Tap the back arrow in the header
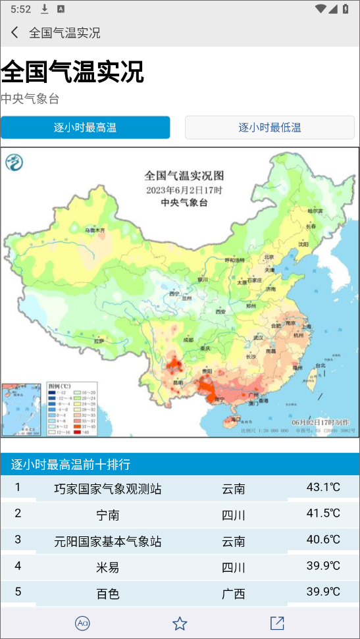pos(14,32)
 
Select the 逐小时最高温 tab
pos(85,128)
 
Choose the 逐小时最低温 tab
pos(270,128)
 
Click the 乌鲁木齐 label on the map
pos(94,230)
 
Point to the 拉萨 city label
pos(99,342)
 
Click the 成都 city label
pos(188,340)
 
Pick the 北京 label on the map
pos(268,257)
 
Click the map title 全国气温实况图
pos(184,176)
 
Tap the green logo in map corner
pos(15,161)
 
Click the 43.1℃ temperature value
pos(323,488)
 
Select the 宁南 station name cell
pos(108,515)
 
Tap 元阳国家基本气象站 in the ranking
pos(108,541)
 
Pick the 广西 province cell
pos(234,594)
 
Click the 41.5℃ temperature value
pos(323,513)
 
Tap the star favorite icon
pos(180,623)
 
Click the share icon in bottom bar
pos(277,623)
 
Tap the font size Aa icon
pos(82,623)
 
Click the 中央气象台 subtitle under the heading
pos(30,99)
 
